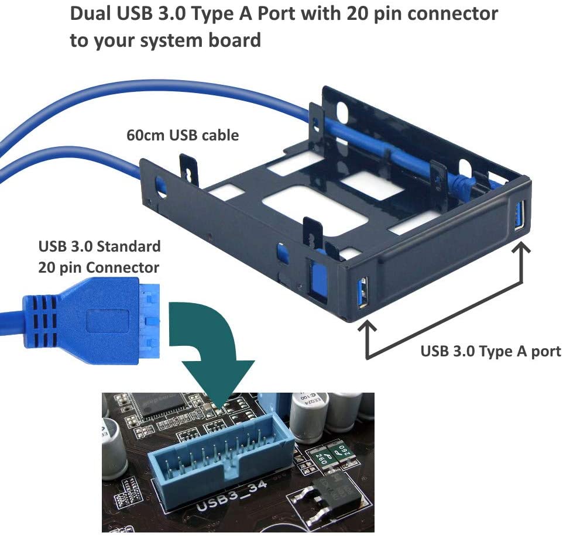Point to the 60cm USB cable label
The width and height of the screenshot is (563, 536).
183,135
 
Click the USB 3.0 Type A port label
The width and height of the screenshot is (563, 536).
490,351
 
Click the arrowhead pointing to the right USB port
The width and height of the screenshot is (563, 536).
521,250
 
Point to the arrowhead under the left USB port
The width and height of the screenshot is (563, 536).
367,328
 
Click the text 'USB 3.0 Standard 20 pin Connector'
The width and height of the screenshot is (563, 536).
99,256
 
